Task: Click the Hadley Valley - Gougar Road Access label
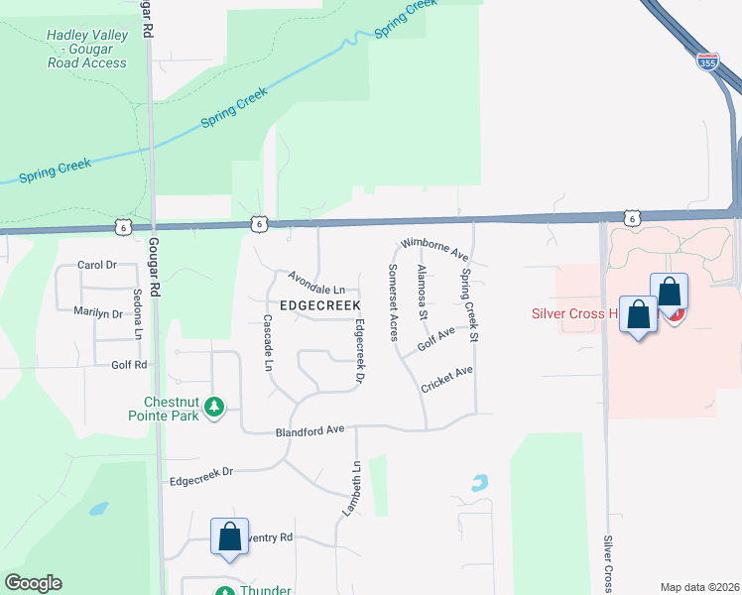[x=86, y=49]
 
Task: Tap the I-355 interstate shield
[x=707, y=62]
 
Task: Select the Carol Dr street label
[x=97, y=266]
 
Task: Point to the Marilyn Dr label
[x=97, y=312]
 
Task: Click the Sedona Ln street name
[x=138, y=313]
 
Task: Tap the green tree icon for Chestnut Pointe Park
[x=213, y=406]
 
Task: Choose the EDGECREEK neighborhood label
[x=319, y=305]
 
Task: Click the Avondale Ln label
[x=316, y=283]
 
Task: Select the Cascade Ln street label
[x=268, y=343]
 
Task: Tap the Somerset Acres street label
[x=393, y=302]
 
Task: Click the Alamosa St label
[x=422, y=293]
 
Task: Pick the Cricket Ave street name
[x=446, y=378]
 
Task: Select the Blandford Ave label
[x=309, y=430]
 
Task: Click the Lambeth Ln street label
[x=354, y=489]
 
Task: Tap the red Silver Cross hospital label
[x=571, y=314]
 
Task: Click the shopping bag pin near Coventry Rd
[x=229, y=538]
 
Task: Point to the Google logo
[x=33, y=583]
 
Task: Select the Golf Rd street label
[x=129, y=365]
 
